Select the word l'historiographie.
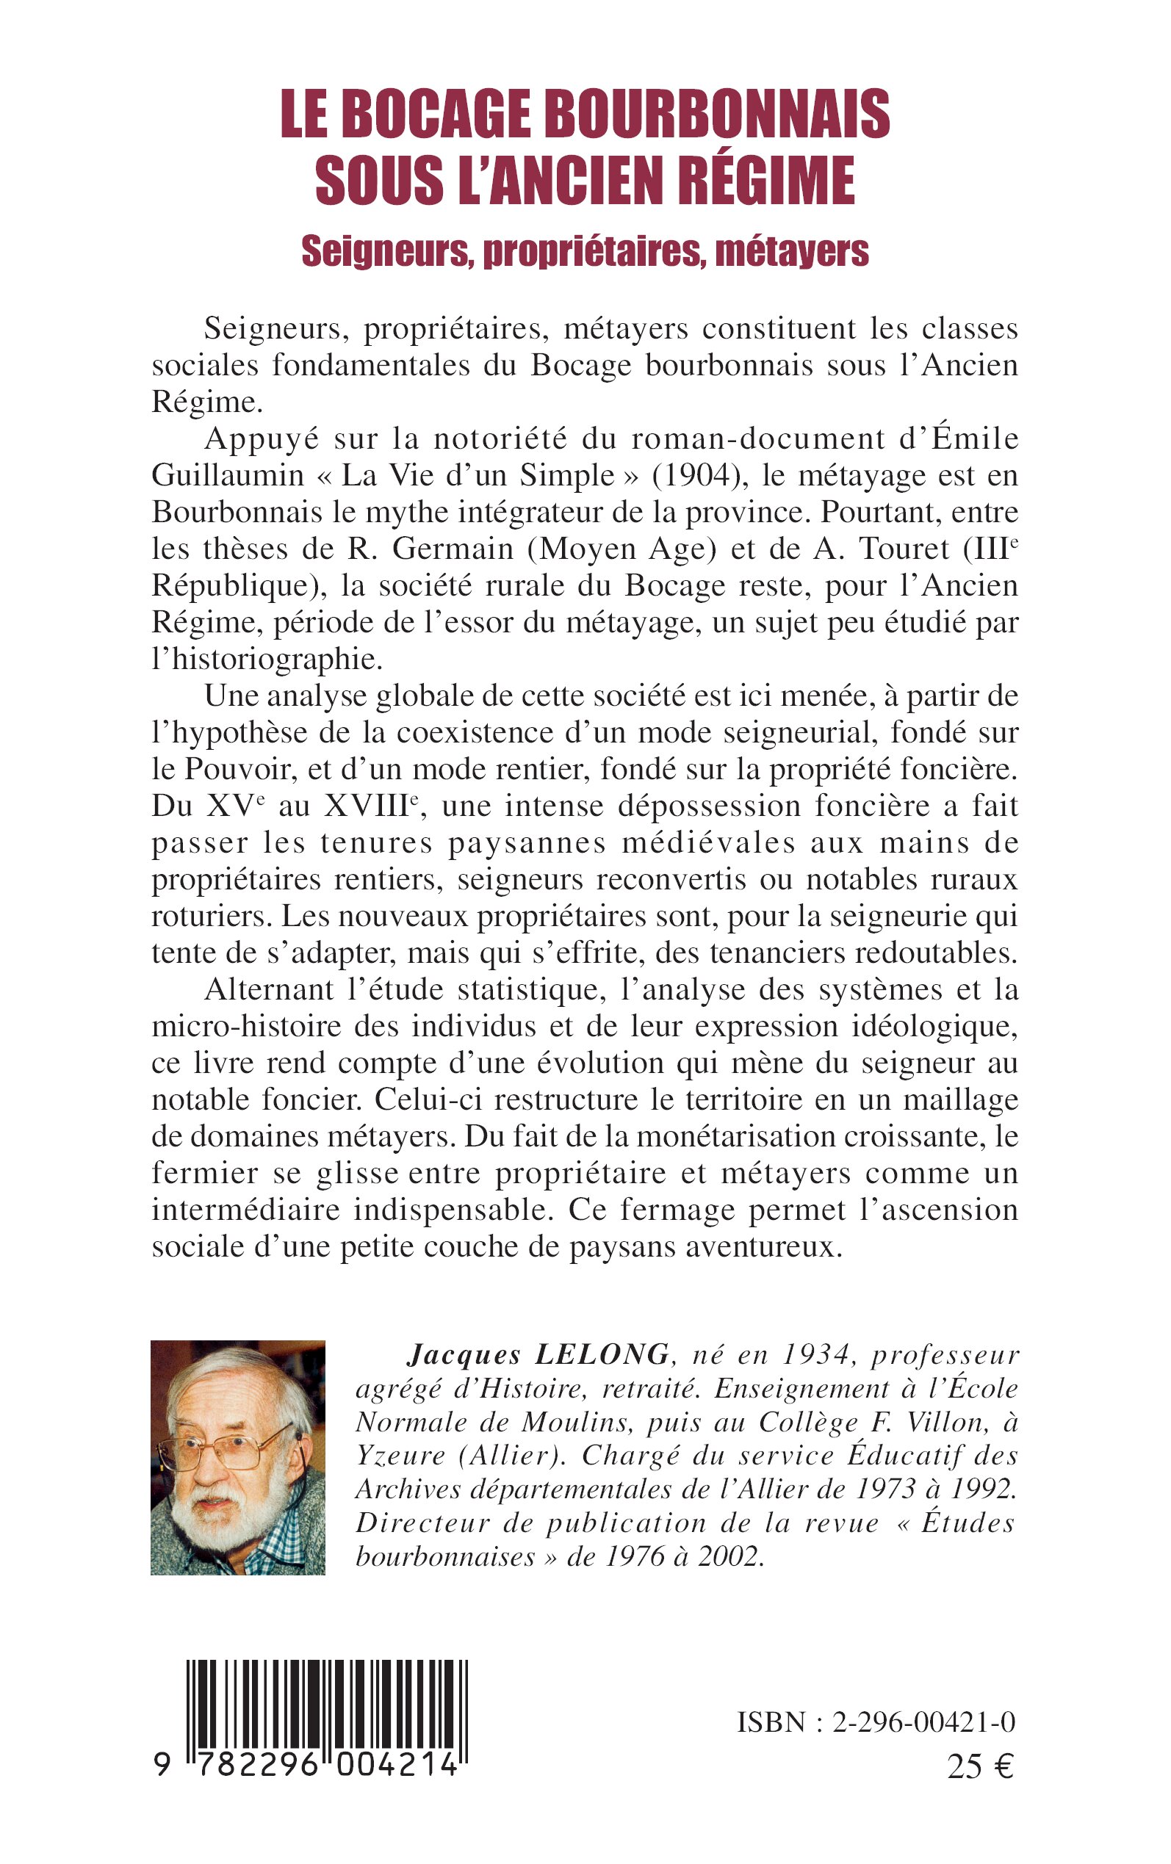267,659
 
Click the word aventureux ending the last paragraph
762,1247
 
